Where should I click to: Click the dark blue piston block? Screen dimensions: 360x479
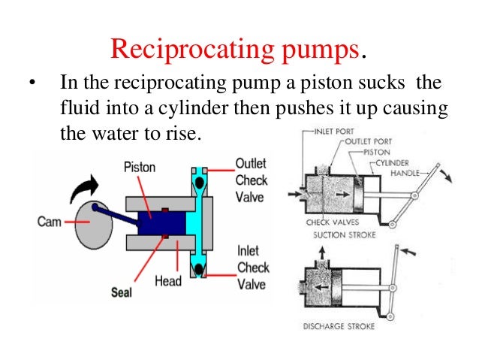pyautogui.click(x=161, y=224)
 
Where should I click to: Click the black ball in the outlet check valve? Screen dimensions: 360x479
pyautogui.click(x=200, y=183)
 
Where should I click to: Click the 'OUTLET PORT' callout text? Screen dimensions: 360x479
pyautogui.click(x=371, y=141)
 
